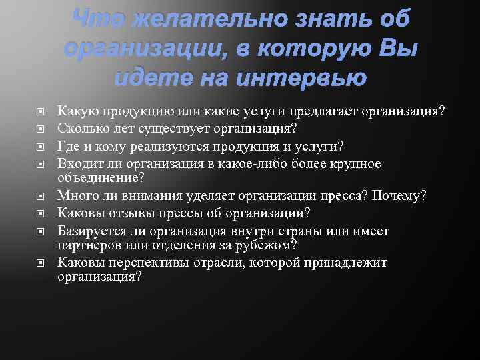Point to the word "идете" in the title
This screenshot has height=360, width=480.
[x=147, y=78]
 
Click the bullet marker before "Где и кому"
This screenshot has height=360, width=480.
[x=41, y=147]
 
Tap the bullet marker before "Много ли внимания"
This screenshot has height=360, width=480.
[x=41, y=196]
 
